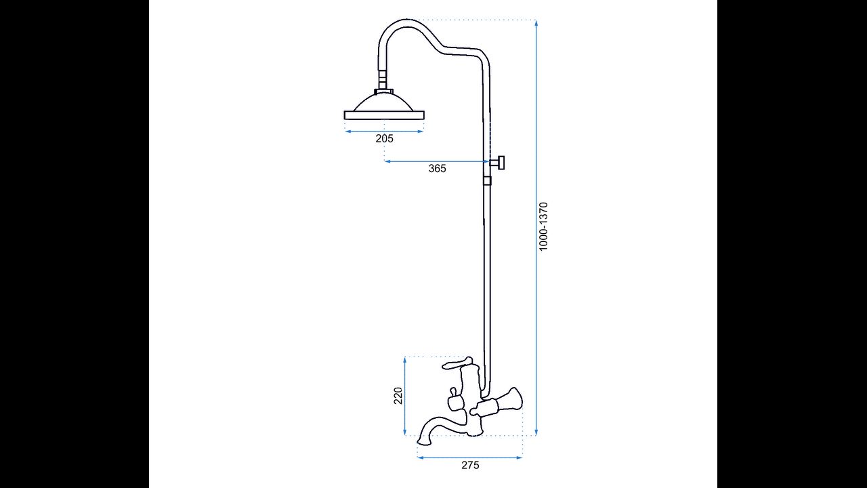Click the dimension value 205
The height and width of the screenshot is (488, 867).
coord(384,138)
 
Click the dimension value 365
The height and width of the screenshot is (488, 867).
coord(438,169)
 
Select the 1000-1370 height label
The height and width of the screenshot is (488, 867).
coord(544,226)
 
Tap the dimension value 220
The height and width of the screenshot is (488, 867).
coord(398,395)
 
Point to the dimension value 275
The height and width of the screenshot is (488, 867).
coord(470,465)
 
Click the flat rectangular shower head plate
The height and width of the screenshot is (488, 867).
coord(384,115)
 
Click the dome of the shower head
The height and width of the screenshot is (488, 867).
coord(384,102)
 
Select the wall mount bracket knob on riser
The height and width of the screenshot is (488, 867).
coord(497,162)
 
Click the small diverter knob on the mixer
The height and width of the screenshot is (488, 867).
coord(453,394)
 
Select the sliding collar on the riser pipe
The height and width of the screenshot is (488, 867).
coord(487,180)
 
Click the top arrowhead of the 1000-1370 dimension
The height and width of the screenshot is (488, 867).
coord(536,22)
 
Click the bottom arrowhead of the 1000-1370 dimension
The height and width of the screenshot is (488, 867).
coord(536,432)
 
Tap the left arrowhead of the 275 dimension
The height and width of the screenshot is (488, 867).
coord(420,457)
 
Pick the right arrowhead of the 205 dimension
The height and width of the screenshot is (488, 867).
coord(421,131)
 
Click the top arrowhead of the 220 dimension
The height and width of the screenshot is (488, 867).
coord(404,359)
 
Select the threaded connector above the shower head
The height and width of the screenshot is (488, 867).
coord(383,80)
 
